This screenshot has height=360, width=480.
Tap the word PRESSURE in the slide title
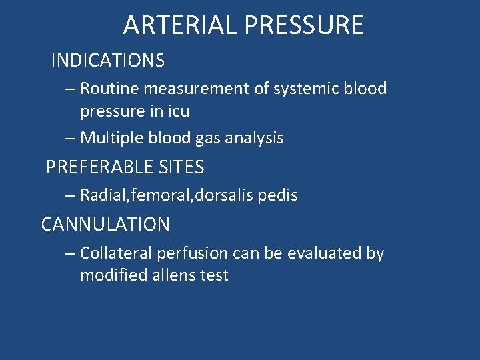point(304,25)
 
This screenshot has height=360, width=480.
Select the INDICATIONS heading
point(108,61)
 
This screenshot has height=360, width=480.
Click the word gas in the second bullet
point(207,138)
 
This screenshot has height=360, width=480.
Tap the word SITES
point(181,167)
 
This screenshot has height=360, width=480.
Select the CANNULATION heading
point(105,225)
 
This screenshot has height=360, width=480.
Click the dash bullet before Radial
point(70,195)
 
